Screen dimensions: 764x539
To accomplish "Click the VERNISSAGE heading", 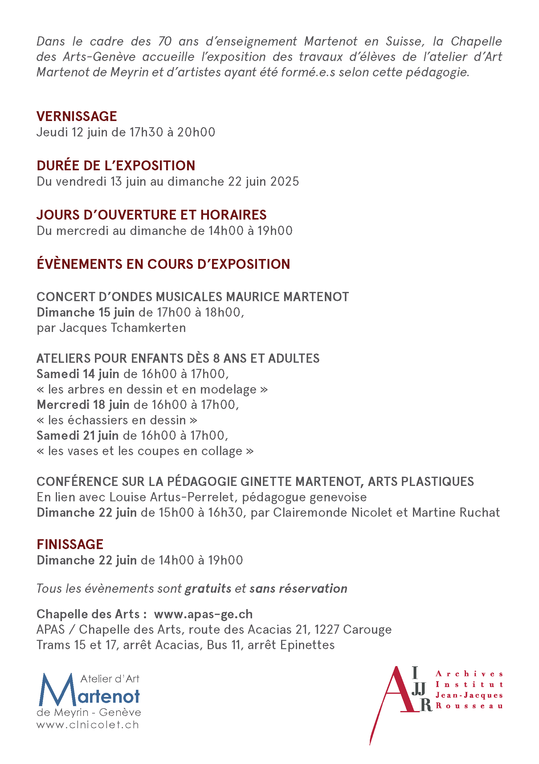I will (76, 116).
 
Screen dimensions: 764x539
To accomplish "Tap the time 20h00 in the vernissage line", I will (196, 132).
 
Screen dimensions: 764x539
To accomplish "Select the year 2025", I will (285, 182).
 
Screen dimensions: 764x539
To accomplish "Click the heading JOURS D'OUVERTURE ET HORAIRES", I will (152, 215).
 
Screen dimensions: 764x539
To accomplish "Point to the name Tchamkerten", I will (148, 328).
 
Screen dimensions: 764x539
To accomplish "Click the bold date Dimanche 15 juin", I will (86, 313).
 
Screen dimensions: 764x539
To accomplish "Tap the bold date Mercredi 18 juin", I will (83, 405).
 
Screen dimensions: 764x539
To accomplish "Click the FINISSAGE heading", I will (70, 545).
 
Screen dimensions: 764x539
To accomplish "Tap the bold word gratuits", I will (208, 589).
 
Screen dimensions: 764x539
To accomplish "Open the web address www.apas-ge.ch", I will (203, 614).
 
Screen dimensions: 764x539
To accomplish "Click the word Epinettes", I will (307, 645).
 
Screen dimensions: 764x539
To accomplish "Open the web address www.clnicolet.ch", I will (88, 725).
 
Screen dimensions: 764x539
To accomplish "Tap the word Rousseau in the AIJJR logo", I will (469, 706).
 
